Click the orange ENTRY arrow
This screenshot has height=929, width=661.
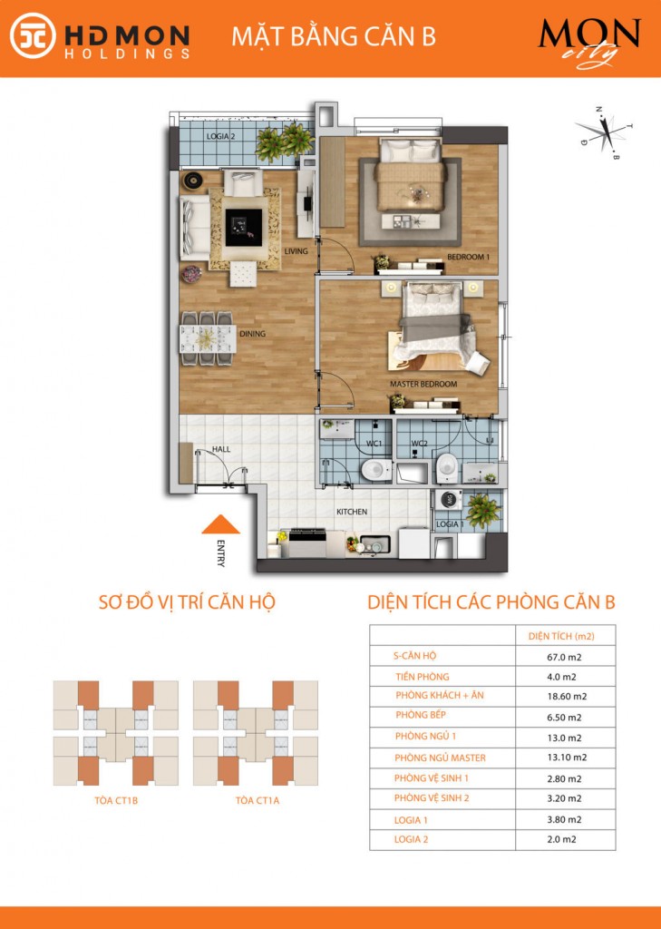pyautogui.click(x=220, y=524)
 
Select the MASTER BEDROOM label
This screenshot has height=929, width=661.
pyautogui.click(x=423, y=384)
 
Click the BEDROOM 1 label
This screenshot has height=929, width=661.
pyautogui.click(x=468, y=257)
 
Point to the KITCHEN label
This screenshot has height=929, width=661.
pyautogui.click(x=352, y=512)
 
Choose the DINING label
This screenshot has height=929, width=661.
pyautogui.click(x=252, y=334)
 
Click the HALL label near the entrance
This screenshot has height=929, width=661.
pyautogui.click(x=221, y=449)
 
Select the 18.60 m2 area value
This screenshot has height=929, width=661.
pyautogui.click(x=566, y=697)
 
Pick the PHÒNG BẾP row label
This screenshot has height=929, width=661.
pyautogui.click(x=421, y=715)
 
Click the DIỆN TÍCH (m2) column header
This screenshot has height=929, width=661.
pyautogui.click(x=561, y=636)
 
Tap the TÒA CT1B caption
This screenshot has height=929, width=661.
pyautogui.click(x=116, y=800)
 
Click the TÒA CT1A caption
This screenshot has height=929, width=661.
pyautogui.click(x=258, y=800)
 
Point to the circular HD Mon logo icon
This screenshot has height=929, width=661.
pyautogui.click(x=33, y=35)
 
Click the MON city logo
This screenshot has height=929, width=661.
pyautogui.click(x=589, y=42)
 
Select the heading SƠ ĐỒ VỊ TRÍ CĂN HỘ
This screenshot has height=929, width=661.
pyautogui.click(x=187, y=602)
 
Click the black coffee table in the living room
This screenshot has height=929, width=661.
pyautogui.click(x=243, y=228)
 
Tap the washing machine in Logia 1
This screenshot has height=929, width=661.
pyautogui.click(x=448, y=500)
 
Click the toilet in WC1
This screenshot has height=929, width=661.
pyautogui.click(x=375, y=471)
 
